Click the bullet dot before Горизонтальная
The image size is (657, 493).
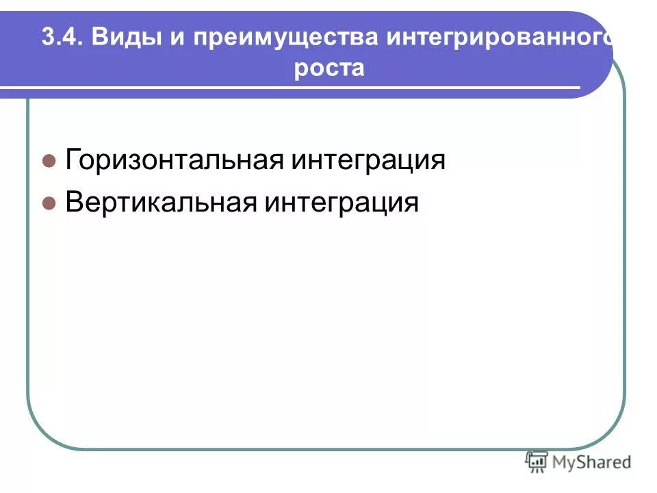(x=49, y=162)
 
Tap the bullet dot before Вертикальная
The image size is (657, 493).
(x=49, y=203)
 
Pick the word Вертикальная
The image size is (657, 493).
(x=161, y=202)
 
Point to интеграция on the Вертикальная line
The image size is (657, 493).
(x=342, y=203)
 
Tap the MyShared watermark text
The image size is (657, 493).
(x=593, y=462)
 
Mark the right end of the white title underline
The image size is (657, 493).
(x=578, y=88)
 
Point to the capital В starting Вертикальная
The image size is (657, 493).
(x=73, y=202)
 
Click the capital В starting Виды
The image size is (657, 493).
(x=100, y=37)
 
